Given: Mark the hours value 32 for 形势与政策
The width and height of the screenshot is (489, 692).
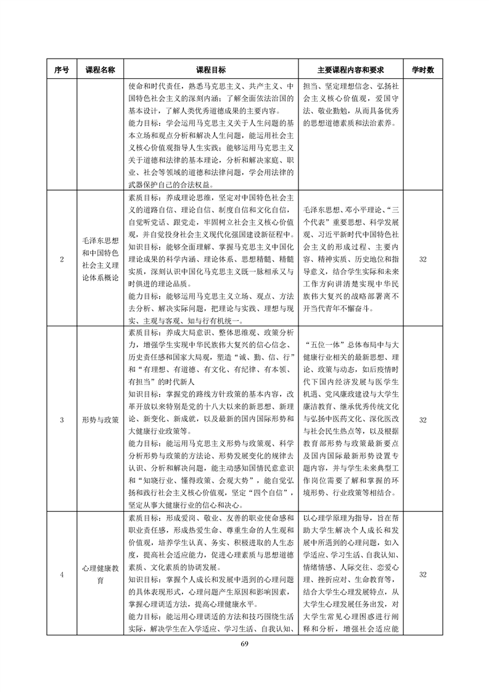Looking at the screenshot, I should coord(423,420).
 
